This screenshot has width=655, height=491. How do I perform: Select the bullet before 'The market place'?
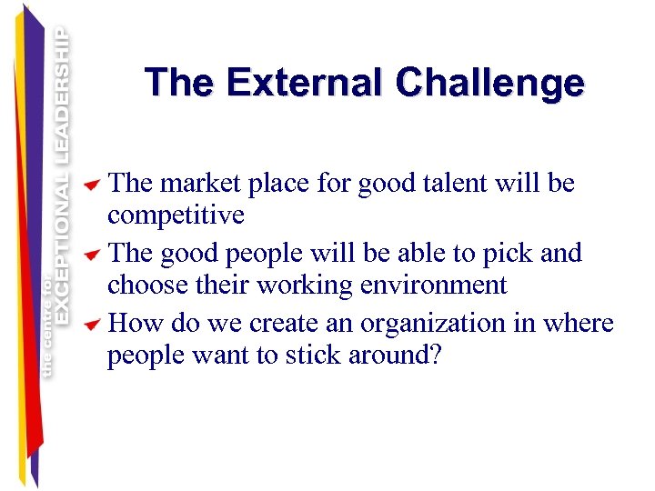pos(91,186)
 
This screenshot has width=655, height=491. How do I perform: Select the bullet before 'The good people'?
pos(91,256)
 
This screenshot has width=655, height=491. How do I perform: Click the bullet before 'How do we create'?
pos(91,326)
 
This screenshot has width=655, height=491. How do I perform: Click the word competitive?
pos(176,216)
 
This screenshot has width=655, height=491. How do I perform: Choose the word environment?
pos(430,286)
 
